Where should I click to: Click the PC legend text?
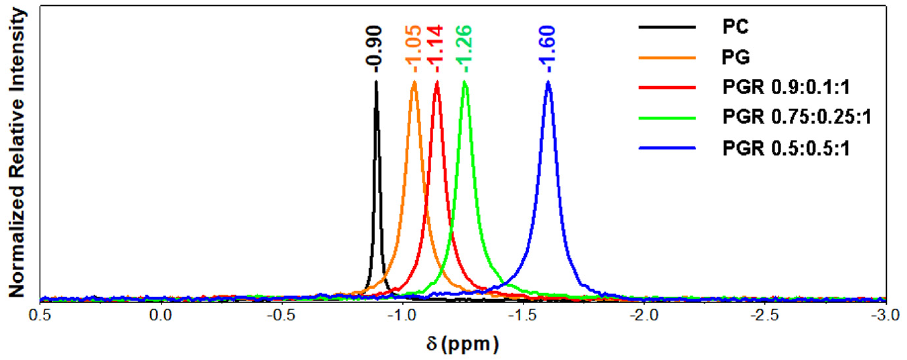coord(736,27)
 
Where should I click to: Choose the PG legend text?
coord(736,57)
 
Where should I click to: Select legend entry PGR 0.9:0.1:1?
coord(786,87)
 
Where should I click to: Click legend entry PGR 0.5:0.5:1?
coord(786,148)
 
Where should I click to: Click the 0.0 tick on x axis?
coord(161,315)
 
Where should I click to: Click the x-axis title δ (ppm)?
coord(462,344)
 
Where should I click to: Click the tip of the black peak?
coord(376,82)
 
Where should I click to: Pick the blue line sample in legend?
coord(667,148)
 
